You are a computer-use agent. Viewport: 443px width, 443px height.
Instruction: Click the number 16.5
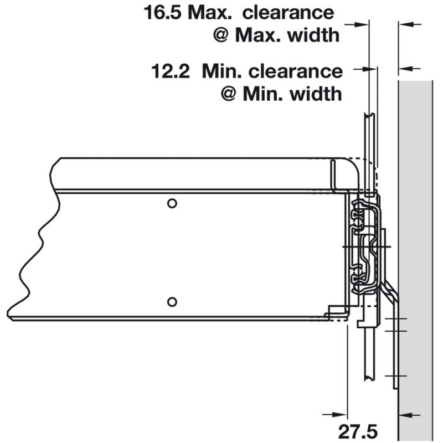pos(162,13)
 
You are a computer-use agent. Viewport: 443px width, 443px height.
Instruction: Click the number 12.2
pos(171,71)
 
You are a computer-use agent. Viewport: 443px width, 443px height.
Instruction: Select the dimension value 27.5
pos(358,432)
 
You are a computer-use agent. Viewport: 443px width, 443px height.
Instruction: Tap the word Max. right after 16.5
pos(210,13)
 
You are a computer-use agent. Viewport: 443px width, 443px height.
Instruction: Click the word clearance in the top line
pos(288,13)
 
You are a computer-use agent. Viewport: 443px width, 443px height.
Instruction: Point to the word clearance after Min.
pos(296,71)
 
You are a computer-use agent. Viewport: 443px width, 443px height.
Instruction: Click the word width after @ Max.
pos(313,35)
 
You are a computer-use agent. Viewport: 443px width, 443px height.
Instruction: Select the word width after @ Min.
pos(316,94)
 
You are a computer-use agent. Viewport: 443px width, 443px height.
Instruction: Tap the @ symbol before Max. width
pos(220,35)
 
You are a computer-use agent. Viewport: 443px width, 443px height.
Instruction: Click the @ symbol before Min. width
pos(228,94)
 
